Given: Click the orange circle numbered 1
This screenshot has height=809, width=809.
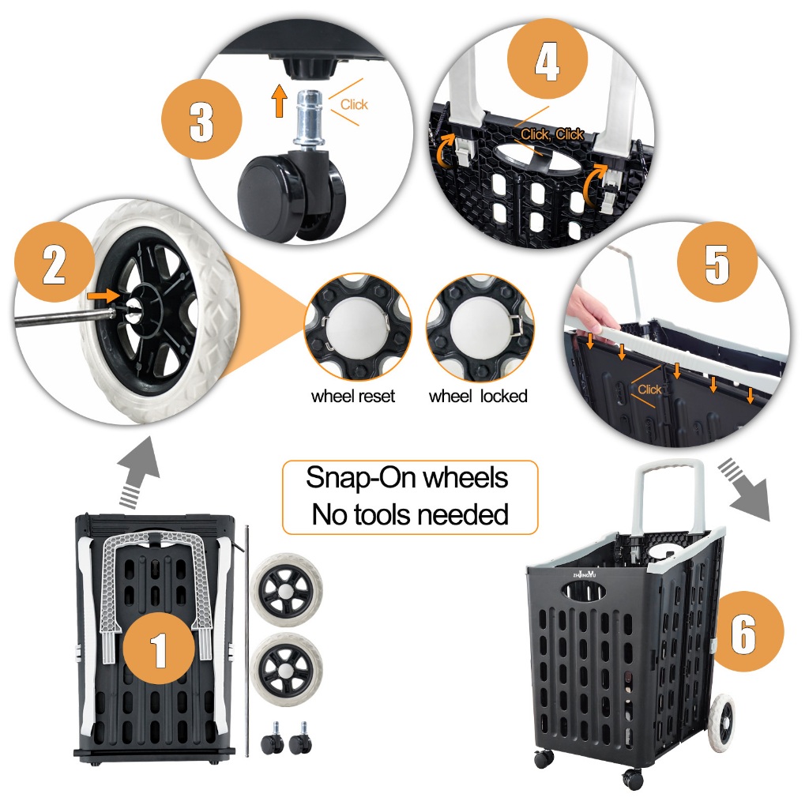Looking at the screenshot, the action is tap(158, 648).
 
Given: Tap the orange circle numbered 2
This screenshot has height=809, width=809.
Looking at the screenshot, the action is tap(55, 262).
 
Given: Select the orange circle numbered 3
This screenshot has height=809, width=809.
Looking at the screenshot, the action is tap(201, 119).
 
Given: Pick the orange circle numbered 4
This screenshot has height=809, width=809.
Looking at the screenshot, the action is tap(547, 58).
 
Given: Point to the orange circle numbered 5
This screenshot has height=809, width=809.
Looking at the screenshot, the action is tap(717, 262).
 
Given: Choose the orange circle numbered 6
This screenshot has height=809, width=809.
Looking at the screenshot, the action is tap(744, 631).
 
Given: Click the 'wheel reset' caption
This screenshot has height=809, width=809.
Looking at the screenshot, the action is tap(353, 397).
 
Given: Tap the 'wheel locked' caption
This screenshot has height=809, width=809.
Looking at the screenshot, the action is tap(478, 397).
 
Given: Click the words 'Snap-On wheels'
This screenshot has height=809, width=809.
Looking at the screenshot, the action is tap(407, 477).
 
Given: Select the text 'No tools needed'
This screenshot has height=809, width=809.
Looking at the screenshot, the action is tap(410, 514).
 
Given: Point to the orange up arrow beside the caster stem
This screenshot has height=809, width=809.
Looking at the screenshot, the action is tap(279, 100).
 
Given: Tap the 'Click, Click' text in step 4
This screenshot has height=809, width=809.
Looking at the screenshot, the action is tap(551, 134).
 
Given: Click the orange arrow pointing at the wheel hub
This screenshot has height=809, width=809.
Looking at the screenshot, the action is tap(103, 296).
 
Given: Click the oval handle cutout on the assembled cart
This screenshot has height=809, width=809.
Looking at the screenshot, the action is tap(584, 591).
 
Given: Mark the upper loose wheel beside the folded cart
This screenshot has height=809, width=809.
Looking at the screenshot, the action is tap(287, 591).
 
